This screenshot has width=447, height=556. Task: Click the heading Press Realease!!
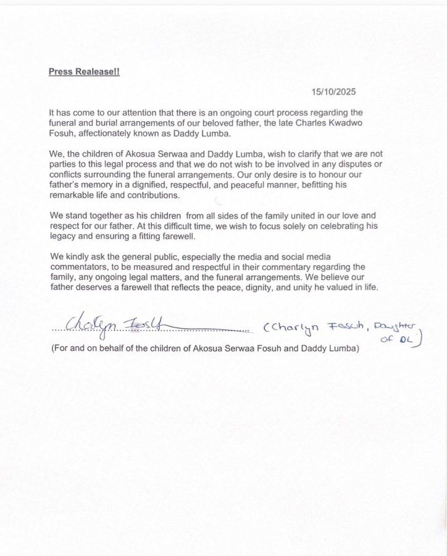click(x=84, y=71)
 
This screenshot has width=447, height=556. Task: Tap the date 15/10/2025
click(x=333, y=92)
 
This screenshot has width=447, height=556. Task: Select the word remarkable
click(x=75, y=195)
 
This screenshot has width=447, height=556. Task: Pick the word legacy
click(x=62, y=236)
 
